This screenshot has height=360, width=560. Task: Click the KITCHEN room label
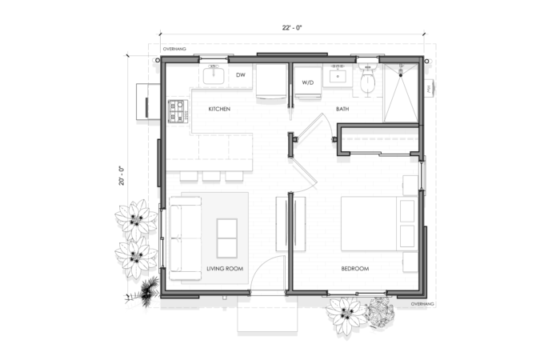(219, 109)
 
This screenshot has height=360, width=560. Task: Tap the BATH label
(342, 109)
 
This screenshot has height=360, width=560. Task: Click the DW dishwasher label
(240, 76)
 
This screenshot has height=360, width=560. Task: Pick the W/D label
(308, 82)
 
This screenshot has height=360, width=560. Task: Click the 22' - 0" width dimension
(292, 28)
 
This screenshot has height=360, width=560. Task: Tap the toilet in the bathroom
(368, 80)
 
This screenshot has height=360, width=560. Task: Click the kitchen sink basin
(214, 77)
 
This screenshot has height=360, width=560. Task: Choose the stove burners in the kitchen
(177, 111)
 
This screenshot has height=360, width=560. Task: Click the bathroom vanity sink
(338, 76)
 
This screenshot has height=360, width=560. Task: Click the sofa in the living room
(184, 240)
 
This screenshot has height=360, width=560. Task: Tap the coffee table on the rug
(228, 238)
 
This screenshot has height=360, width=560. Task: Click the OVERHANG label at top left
(174, 50)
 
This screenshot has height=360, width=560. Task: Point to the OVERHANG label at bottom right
(422, 305)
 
